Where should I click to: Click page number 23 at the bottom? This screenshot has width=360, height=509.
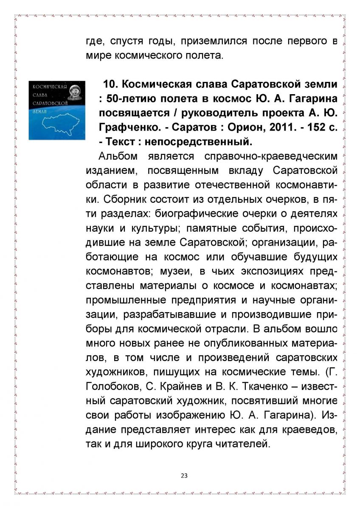184,475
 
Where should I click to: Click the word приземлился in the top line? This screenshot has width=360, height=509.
214,41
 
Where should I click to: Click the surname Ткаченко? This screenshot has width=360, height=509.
267,386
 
